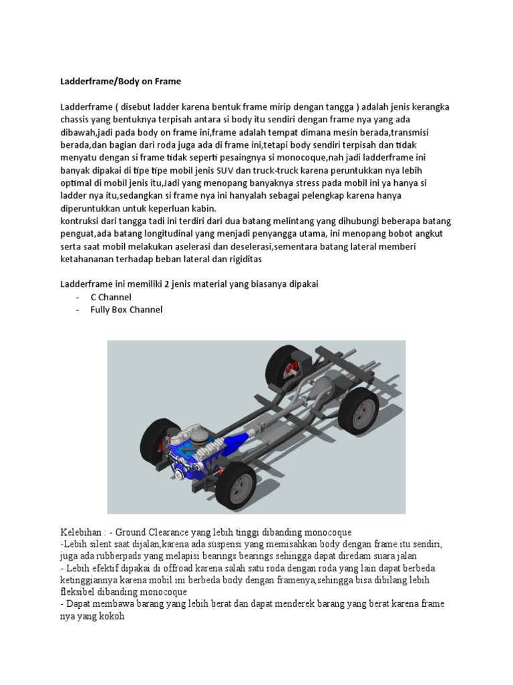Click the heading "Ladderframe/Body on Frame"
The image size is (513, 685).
click(x=120, y=82)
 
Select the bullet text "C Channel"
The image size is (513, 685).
click(x=111, y=297)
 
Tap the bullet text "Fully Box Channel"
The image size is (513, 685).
click(x=126, y=310)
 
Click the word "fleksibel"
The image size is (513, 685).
click(x=79, y=593)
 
